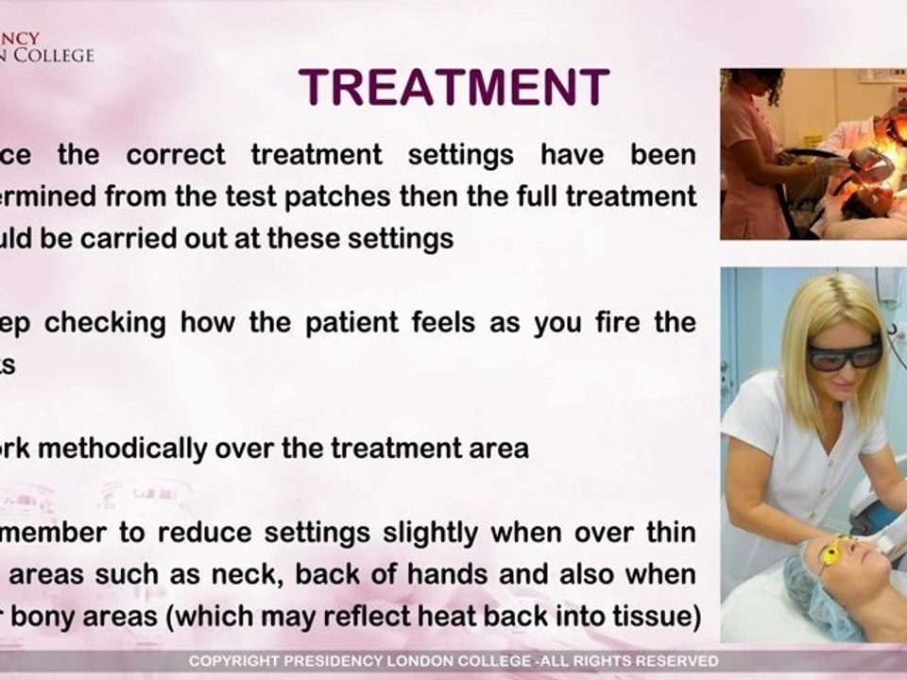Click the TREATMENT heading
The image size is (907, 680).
tap(453, 89)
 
